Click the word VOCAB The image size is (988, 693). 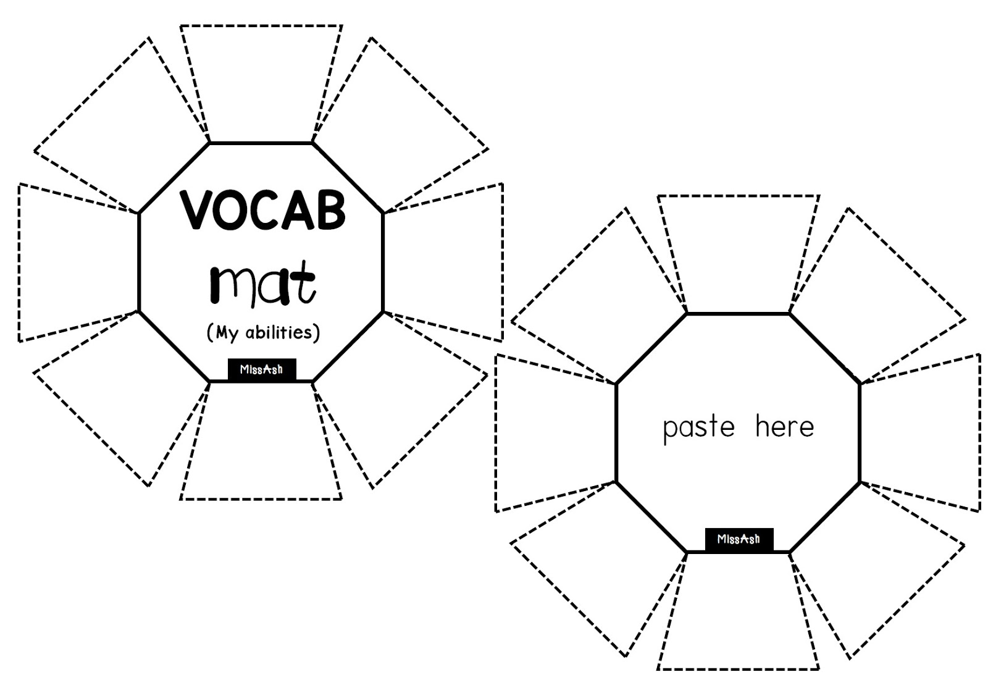(x=262, y=211)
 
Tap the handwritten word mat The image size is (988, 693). (x=263, y=283)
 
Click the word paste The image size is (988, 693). (x=698, y=427)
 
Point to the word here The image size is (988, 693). (x=784, y=426)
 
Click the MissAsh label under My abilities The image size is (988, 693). (x=262, y=369)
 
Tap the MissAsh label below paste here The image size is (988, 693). (x=739, y=539)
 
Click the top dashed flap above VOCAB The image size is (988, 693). (x=261, y=80)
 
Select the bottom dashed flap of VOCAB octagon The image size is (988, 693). (x=261, y=445)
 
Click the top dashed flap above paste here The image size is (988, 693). (x=739, y=250)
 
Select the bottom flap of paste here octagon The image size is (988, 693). (x=739, y=615)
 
